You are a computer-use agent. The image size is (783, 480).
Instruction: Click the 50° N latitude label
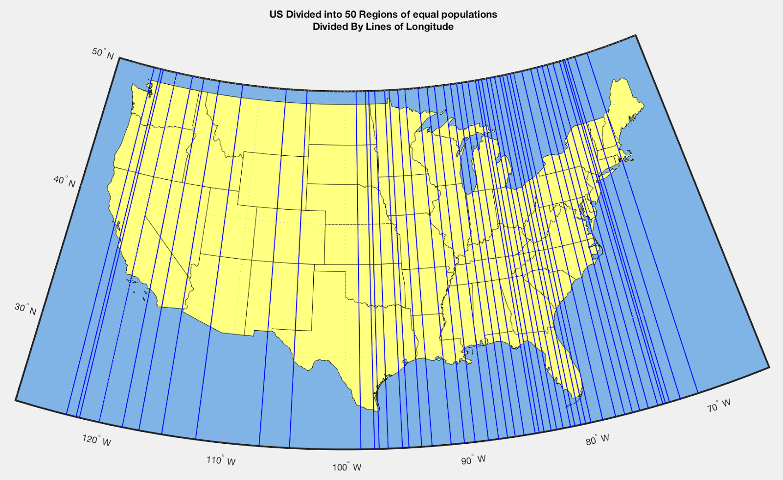click(x=103, y=53)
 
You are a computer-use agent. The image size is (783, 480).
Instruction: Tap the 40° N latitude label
click(x=65, y=181)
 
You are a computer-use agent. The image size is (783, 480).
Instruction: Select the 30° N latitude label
click(x=25, y=309)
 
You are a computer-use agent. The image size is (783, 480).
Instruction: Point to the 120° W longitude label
click(x=97, y=440)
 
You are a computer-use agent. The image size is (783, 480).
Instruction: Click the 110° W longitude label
click(x=221, y=460)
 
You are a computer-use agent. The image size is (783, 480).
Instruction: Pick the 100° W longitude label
click(x=347, y=467)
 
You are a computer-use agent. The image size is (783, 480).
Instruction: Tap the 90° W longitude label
click(x=473, y=460)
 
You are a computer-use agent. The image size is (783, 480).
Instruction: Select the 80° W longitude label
click(x=598, y=439)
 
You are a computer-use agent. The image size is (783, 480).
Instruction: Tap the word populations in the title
click(x=469, y=14)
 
